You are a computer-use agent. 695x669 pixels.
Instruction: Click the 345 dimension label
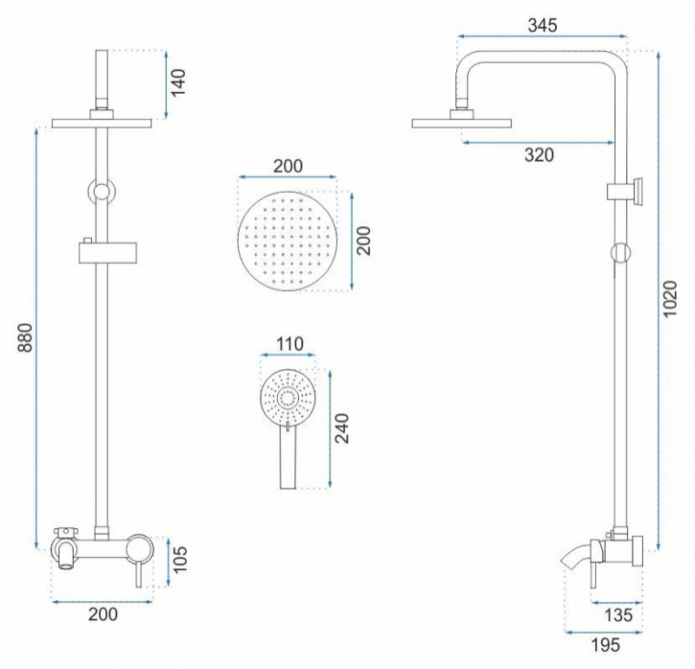(542, 25)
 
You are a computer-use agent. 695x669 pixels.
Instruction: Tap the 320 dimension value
(539, 156)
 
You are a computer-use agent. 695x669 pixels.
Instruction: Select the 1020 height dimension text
(670, 298)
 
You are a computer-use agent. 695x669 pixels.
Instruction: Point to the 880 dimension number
(25, 338)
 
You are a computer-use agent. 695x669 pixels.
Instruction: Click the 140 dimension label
(179, 83)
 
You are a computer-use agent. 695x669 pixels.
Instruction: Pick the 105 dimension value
(180, 560)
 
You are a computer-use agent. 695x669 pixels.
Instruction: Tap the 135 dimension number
(619, 615)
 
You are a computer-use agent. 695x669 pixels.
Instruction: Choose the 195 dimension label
(606, 645)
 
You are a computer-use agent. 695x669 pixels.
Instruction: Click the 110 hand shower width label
(290, 344)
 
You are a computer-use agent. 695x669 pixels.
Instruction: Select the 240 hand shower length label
(341, 428)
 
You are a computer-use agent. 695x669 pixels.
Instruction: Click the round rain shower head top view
(288, 242)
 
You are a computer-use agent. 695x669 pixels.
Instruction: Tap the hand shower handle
(288, 458)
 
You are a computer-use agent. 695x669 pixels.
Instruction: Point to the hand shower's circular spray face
(288, 397)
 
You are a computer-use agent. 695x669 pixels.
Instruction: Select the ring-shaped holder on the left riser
(102, 192)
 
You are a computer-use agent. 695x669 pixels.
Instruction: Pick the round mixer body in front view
(140, 548)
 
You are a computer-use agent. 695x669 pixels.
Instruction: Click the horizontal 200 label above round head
(288, 166)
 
